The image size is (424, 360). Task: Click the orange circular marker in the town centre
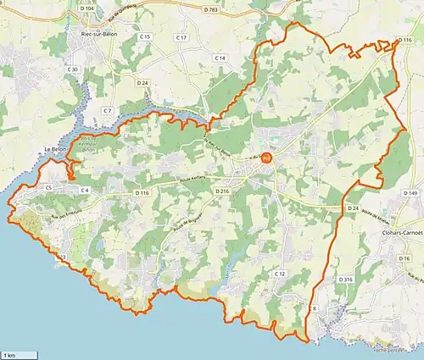(x=266, y=157)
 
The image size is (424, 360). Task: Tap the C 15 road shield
(x=145, y=37)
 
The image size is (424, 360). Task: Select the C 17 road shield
(x=181, y=38)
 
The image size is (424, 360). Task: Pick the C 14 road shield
(x=220, y=58)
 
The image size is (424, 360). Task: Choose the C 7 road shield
(x=107, y=111)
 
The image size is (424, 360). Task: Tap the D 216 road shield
(x=222, y=192)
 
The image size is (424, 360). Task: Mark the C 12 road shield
(x=278, y=274)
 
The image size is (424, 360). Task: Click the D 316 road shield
(x=345, y=279)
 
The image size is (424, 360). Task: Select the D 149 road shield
(x=412, y=194)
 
